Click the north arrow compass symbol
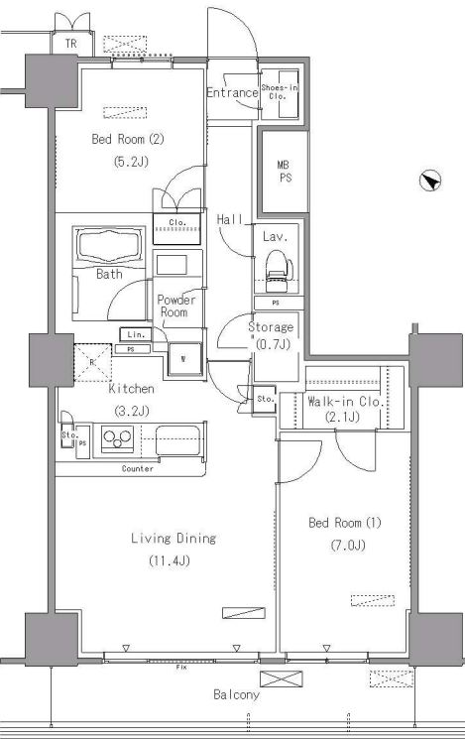point(430,181)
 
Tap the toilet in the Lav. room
point(277,271)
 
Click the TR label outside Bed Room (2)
point(70,44)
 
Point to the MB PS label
point(285,171)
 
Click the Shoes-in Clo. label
point(279,91)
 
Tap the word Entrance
point(232,92)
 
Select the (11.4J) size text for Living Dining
point(170,560)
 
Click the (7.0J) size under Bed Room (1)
point(348,546)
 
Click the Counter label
point(137,468)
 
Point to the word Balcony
point(236,694)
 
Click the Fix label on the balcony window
point(181,668)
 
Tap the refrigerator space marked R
point(93,362)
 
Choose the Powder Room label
point(175,306)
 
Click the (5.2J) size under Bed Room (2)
point(131,162)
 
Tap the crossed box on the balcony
point(282,678)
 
